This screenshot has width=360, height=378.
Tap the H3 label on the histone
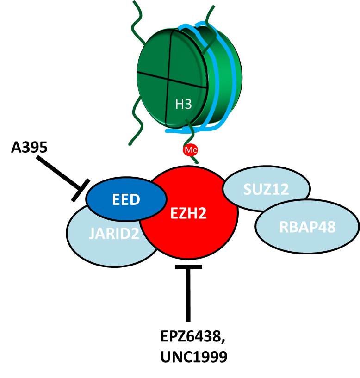(x=183, y=104)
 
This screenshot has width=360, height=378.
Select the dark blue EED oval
(x=126, y=199)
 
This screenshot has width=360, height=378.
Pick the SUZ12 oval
(x=266, y=188)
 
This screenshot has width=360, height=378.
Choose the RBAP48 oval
(x=307, y=227)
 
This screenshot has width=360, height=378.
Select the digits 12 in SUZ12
(x=280, y=188)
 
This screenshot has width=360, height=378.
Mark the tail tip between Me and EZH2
(x=196, y=161)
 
